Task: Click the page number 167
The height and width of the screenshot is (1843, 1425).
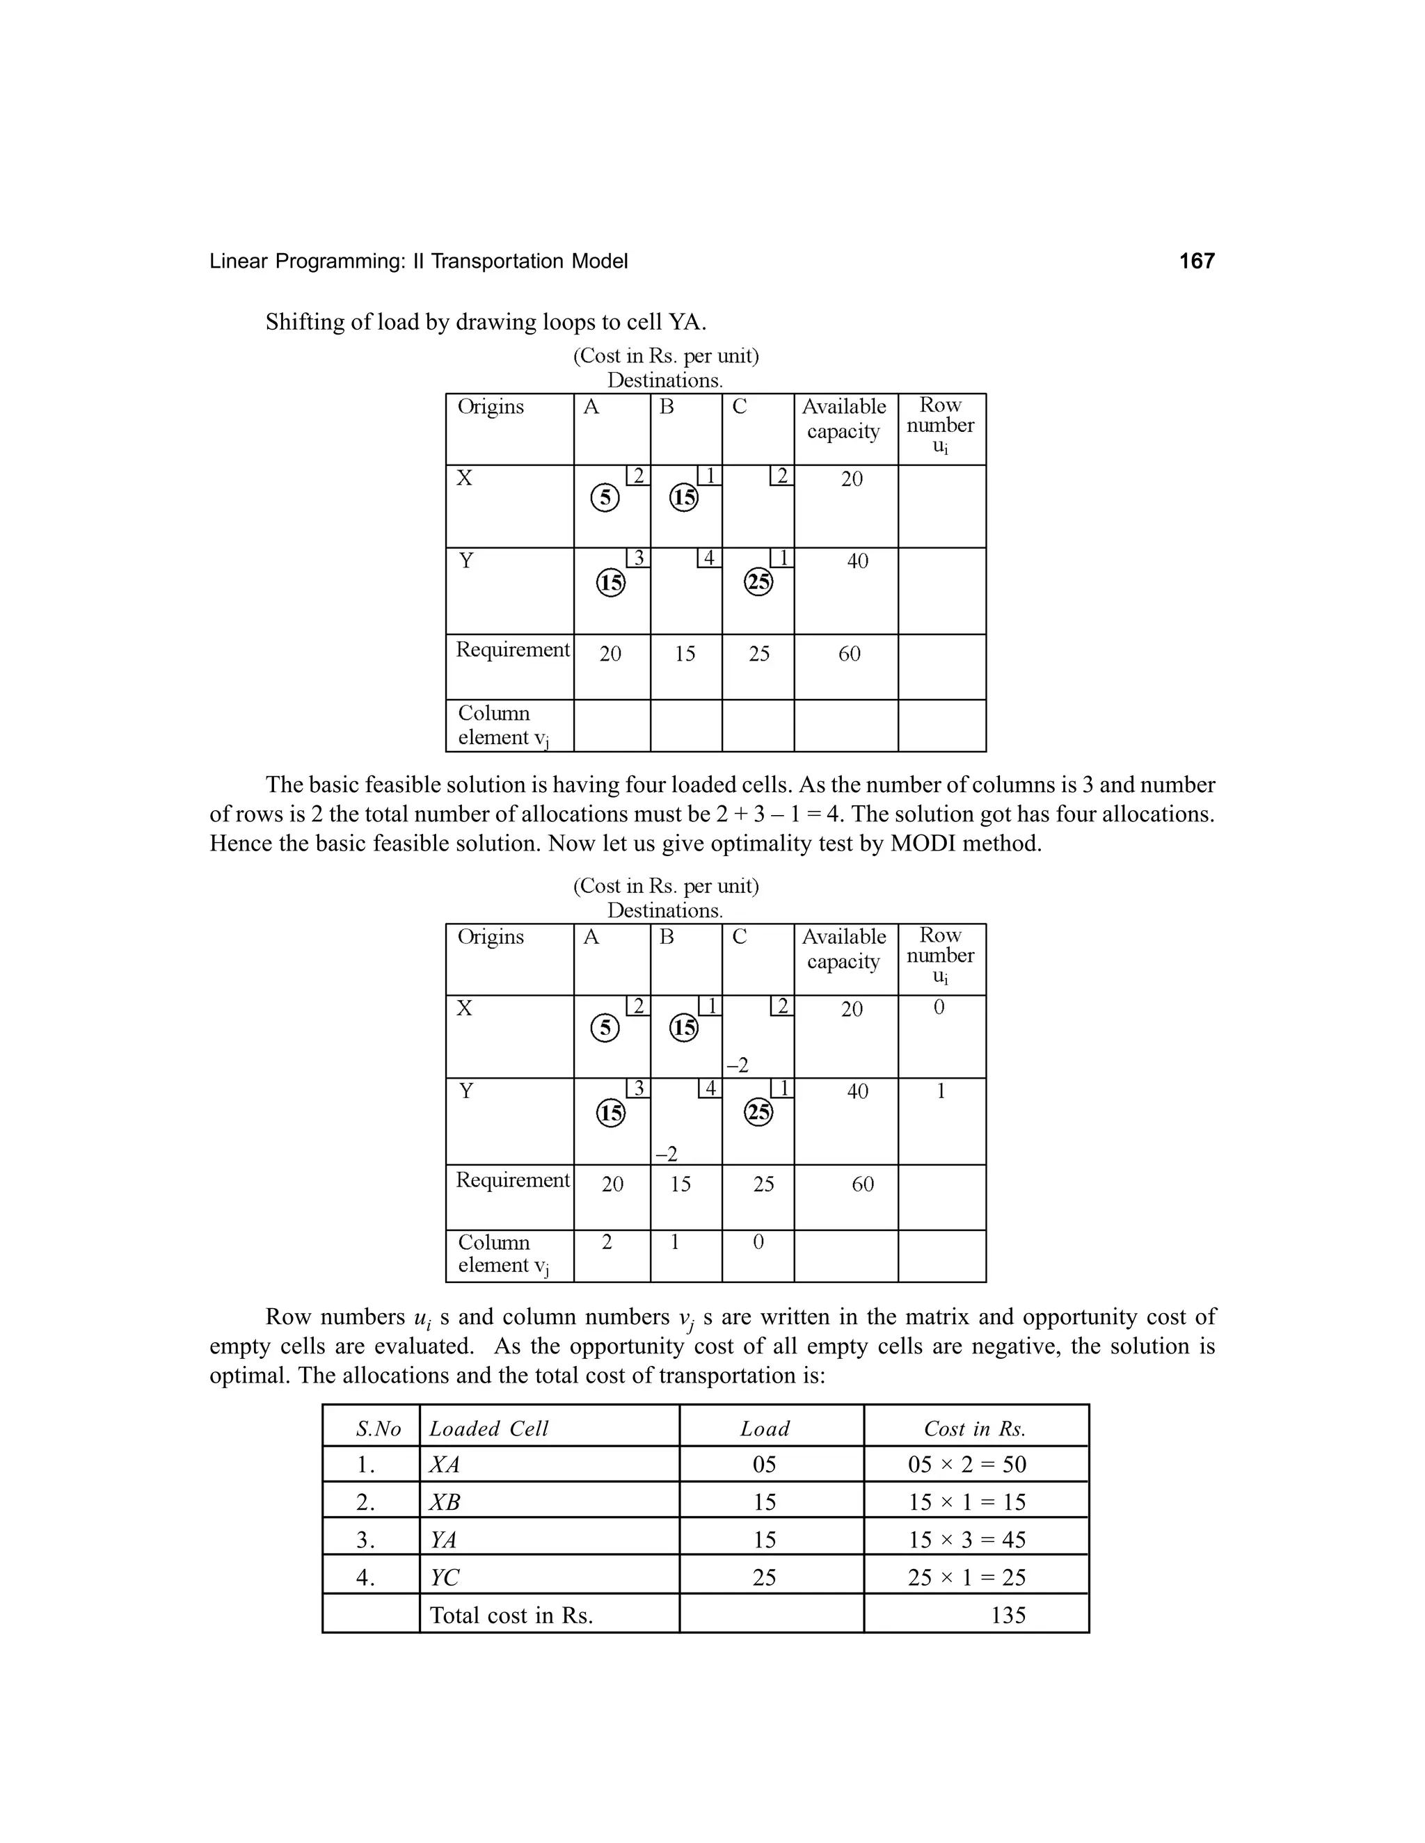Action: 1196,261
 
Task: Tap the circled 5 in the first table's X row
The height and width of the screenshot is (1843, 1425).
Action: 605,497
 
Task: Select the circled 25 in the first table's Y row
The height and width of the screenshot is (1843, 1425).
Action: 758,581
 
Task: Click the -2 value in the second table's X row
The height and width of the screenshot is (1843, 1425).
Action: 737,1065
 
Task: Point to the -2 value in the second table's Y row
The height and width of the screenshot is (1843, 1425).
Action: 666,1154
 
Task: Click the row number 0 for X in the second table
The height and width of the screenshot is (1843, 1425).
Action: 939,1008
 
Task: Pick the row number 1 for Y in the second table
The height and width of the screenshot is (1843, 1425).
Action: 941,1091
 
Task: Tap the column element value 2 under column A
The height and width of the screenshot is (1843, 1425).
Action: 606,1241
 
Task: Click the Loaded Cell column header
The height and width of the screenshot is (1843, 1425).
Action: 488,1428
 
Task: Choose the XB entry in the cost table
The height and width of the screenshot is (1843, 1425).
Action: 445,1502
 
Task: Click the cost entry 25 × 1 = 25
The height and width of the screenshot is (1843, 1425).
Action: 966,1577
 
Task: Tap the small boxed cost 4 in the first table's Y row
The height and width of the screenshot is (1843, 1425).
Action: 709,558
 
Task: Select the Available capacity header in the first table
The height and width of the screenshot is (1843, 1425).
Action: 843,419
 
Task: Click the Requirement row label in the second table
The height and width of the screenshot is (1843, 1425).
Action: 512,1179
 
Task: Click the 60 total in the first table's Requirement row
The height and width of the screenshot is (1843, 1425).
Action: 850,654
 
